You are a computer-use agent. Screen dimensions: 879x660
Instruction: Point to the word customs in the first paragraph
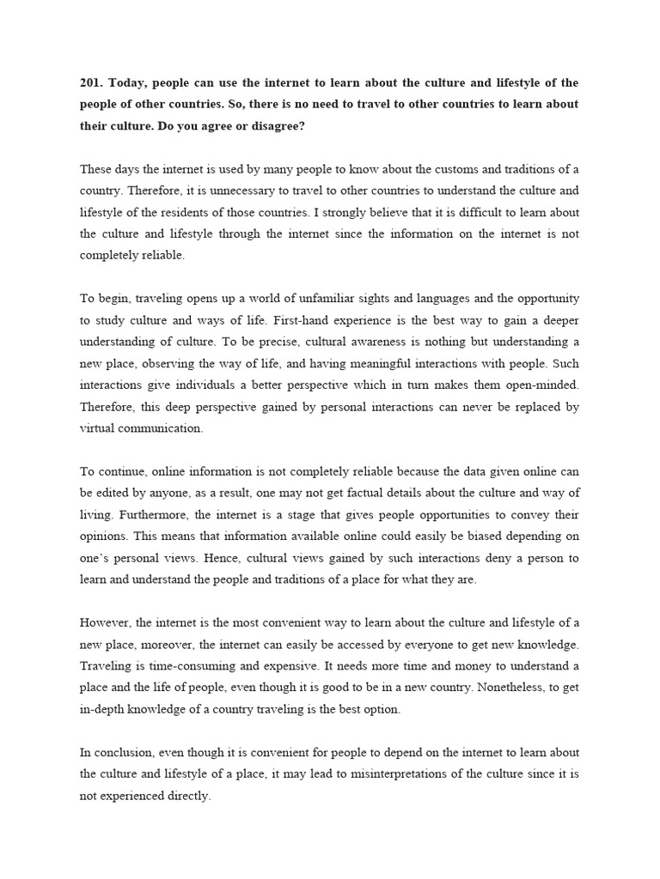coord(416,168)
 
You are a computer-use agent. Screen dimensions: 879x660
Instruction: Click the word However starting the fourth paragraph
coord(105,622)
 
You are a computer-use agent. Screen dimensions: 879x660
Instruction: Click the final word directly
coord(187,795)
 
